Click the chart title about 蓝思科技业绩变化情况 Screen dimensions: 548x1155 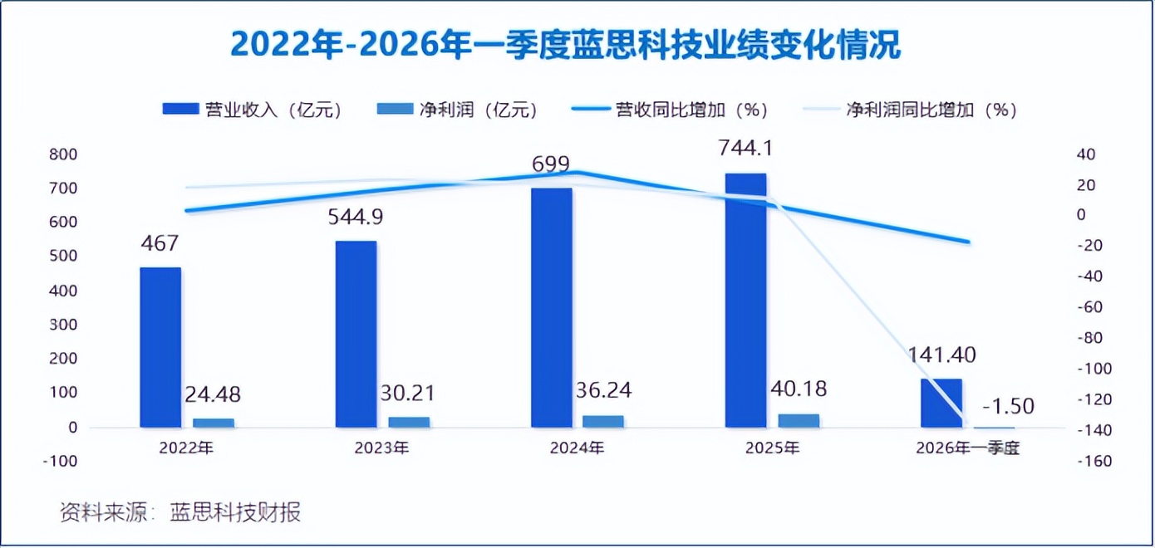565,45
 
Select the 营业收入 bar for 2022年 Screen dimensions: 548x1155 160,347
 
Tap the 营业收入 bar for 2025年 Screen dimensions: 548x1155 745,300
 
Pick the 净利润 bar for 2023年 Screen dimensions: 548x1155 409,422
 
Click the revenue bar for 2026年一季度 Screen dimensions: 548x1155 941,403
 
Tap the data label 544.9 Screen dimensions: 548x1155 356,218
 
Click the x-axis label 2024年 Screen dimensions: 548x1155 577,448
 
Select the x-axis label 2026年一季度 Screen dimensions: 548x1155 967,448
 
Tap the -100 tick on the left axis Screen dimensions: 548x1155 66,461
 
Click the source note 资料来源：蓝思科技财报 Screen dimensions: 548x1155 179,512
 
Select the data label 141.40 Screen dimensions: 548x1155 941,355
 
